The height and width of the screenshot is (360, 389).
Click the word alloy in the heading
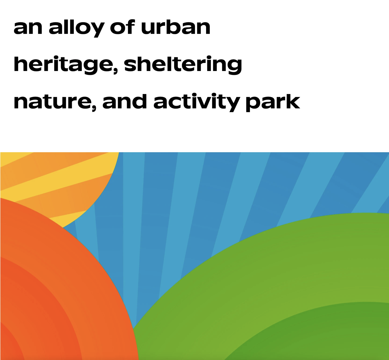76,28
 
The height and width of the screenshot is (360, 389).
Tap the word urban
176,27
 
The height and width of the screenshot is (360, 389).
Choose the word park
273,102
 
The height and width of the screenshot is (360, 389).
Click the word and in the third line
125,101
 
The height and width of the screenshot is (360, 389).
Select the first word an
28,28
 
